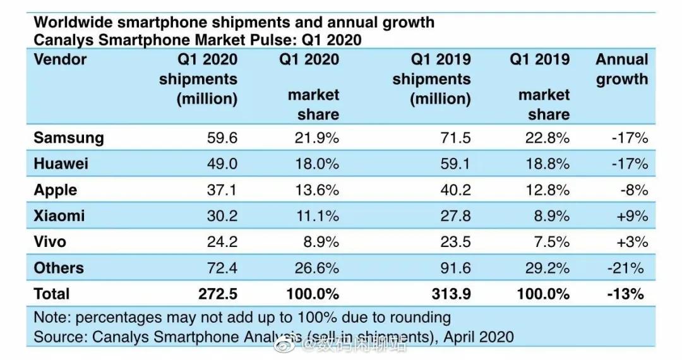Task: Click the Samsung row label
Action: point(68,138)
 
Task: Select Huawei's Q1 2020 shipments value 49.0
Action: point(222,164)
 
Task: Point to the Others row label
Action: point(59,268)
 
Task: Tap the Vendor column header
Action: point(60,60)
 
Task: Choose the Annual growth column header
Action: point(622,69)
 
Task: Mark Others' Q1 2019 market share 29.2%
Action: point(547,268)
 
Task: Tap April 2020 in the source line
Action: point(478,337)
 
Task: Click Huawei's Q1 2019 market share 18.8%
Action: point(547,164)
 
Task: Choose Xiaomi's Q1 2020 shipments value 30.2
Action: point(222,216)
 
